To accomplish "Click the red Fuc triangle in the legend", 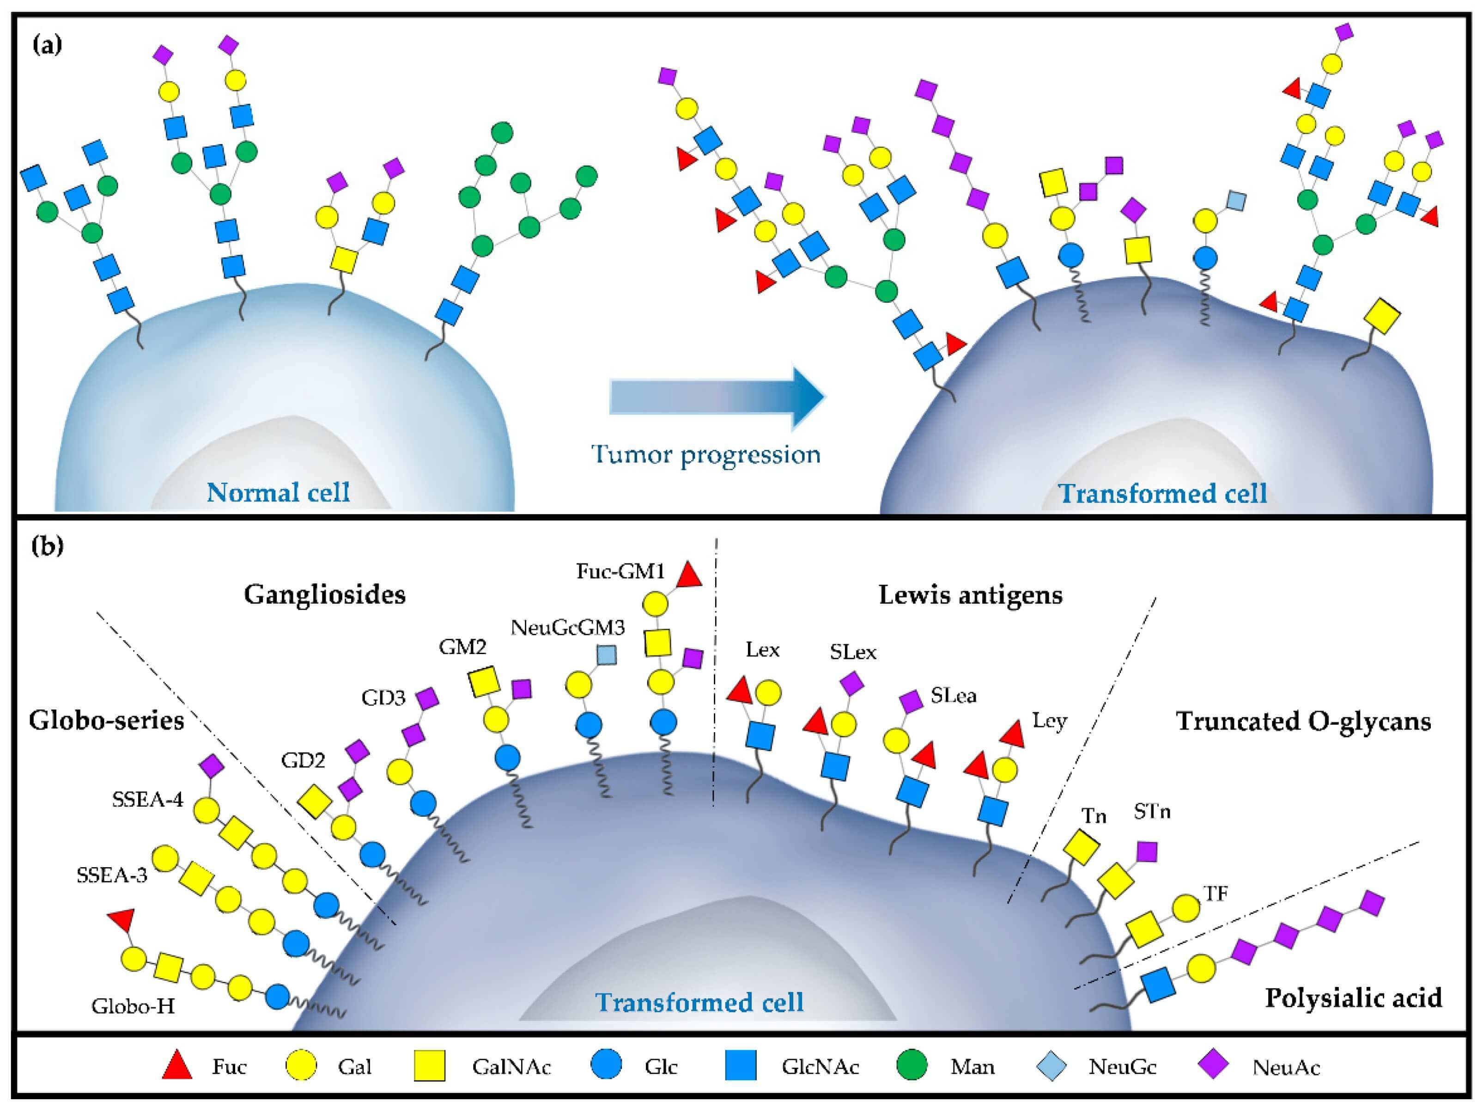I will point(178,1066).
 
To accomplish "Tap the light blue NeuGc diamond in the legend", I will point(1051,1066).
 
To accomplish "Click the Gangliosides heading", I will point(324,595).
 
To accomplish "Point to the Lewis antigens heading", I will point(970,595).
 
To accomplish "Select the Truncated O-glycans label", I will point(1303,722).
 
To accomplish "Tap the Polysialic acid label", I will point(1353,998).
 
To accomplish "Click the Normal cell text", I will point(278,492).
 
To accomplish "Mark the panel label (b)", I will point(47,546).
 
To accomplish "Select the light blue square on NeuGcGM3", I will point(607,655).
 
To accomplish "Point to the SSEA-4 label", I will point(147,800).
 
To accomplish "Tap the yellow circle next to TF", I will point(1186,908).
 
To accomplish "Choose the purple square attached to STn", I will point(1147,852).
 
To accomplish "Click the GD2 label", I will point(303,760).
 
